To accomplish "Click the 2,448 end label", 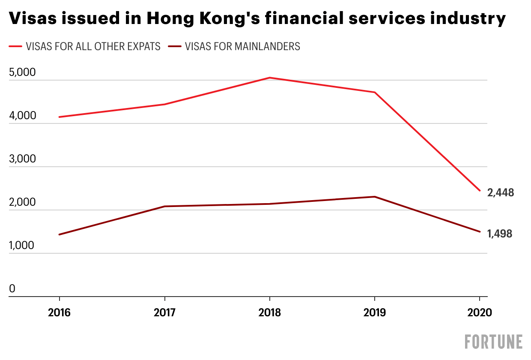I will click(x=501, y=192).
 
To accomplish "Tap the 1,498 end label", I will click(x=500, y=234).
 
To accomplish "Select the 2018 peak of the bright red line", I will click(x=269, y=78).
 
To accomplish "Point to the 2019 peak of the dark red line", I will click(x=375, y=197).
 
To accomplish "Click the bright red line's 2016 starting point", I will click(x=59, y=117).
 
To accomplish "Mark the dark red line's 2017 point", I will click(x=164, y=207).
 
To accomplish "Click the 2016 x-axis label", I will click(x=59, y=312).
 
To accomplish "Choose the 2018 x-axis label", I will click(x=269, y=312).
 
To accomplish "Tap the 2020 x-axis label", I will click(x=480, y=312).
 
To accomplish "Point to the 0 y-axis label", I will click(x=12, y=289).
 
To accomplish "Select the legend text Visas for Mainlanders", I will click(x=242, y=46).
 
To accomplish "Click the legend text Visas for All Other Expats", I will click(x=93, y=46).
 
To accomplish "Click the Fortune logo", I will click(x=494, y=342).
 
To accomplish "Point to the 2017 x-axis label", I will click(x=164, y=312).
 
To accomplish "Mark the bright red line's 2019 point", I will click(x=375, y=92).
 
